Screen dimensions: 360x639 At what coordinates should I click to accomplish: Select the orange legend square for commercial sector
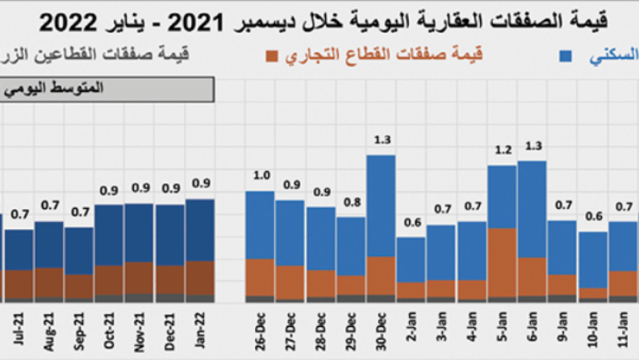pyautogui.click(x=272, y=56)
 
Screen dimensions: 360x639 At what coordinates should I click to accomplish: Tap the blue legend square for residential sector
pyautogui.click(x=567, y=56)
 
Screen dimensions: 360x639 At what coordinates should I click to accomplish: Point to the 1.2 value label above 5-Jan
pyautogui.click(x=502, y=151)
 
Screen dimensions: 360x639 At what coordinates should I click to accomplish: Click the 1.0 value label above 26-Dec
pyautogui.click(x=260, y=176)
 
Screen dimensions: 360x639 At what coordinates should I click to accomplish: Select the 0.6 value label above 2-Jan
pyautogui.click(x=411, y=223)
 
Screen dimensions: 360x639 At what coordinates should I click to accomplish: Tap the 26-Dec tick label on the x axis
pyautogui.click(x=260, y=332)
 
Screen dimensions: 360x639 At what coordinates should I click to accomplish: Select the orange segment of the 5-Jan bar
pyautogui.click(x=502, y=262)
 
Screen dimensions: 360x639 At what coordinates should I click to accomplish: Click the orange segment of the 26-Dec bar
pyautogui.click(x=260, y=277)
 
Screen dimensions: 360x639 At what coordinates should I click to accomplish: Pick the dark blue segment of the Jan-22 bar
pyautogui.click(x=200, y=229)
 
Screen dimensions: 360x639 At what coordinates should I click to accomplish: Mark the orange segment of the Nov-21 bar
pyautogui.click(x=140, y=277)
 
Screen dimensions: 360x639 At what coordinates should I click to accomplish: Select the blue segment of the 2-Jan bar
pyautogui.click(x=411, y=258)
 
